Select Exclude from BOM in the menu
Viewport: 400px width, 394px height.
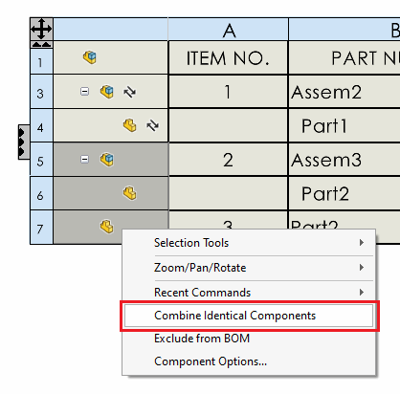202,339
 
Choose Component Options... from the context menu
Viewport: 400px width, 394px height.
211,361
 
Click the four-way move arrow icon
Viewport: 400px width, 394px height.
41,29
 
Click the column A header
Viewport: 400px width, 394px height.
229,30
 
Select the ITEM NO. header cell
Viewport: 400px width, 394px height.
228,58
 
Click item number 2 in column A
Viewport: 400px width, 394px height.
228,160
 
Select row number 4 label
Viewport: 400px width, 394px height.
41,126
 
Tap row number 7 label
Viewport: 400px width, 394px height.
41,228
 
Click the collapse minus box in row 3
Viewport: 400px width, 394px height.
84,92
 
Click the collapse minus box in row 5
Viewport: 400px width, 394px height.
84,159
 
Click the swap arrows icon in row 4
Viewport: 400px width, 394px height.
152,125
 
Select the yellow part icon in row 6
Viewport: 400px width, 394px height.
130,193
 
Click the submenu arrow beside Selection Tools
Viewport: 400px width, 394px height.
362,243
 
